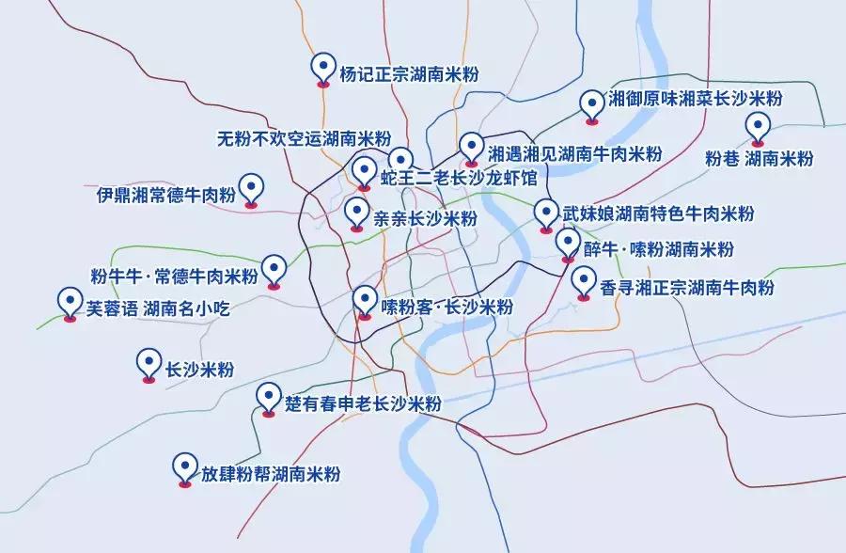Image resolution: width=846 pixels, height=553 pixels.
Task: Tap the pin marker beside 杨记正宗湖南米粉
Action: [323, 68]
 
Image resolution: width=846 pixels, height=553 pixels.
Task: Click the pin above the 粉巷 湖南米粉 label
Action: [757, 126]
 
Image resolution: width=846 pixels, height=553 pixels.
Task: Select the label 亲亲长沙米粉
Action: [426, 218]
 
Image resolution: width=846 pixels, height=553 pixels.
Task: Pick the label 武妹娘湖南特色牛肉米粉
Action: [658, 213]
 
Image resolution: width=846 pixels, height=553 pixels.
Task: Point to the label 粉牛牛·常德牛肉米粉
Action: [173, 276]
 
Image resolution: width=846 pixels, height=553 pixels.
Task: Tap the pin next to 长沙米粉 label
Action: [148, 364]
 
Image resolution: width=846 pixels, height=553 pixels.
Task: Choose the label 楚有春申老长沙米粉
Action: [363, 404]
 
